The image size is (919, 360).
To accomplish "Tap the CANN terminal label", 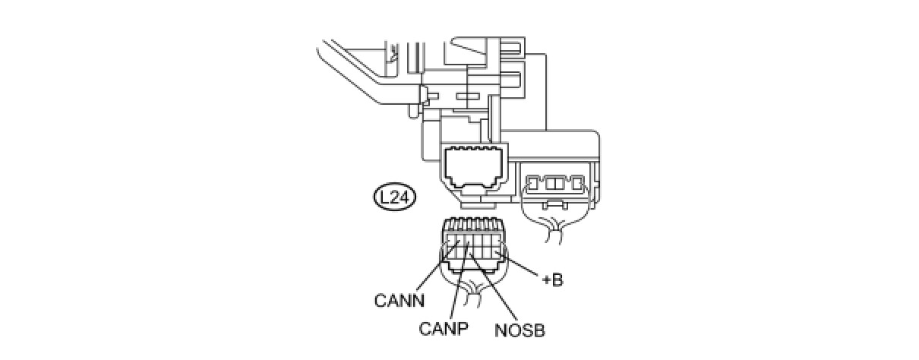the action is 399,301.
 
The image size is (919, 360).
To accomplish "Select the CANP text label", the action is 443,328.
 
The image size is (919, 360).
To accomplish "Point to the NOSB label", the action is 520,330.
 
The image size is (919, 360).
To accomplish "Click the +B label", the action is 553,279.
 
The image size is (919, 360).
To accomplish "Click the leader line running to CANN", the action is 437,267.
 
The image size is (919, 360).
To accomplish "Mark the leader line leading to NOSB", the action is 491,288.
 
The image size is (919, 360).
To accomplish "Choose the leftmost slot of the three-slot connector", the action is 533,182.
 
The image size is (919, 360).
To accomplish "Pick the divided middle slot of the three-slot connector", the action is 555,183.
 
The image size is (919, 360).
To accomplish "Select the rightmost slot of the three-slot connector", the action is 578,182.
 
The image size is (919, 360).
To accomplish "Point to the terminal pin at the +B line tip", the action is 497,251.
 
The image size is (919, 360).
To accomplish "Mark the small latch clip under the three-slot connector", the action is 555,204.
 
